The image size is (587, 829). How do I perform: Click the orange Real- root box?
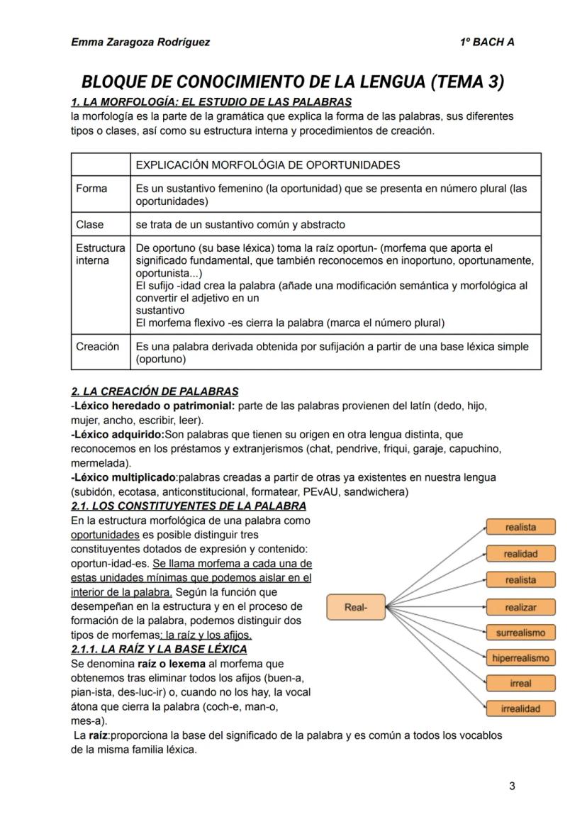tap(355, 607)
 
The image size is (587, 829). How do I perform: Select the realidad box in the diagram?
tap(520, 554)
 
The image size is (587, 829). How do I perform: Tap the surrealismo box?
tap(520, 633)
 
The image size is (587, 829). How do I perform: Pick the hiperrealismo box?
tap(520, 658)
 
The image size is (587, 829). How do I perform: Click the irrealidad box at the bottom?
tap(520, 708)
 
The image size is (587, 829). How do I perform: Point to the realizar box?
tap(520, 608)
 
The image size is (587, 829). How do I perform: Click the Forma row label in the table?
tap(91, 189)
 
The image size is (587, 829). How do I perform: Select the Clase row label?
tap(90, 225)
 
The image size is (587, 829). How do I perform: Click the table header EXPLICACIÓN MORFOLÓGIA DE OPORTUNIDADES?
tap(267, 165)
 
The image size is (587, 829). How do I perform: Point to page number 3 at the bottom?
tap(512, 786)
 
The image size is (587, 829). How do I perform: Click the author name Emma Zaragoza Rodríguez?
tap(140, 42)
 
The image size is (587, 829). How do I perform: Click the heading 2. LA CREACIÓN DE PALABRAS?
tap(155, 391)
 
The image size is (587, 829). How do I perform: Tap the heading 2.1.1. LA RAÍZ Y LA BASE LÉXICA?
tap(159, 649)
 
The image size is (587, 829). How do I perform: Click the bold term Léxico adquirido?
tap(118, 434)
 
